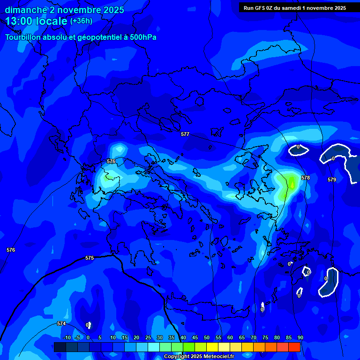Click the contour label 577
click(x=185, y=135)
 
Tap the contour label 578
click(x=306, y=178)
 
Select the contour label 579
click(x=332, y=180)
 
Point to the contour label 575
click(x=90, y=258)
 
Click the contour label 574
click(x=61, y=324)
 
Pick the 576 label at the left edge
click(x=11, y=250)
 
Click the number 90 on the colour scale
click(x=300, y=338)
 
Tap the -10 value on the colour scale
click(x=67, y=338)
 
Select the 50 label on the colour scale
click(x=207, y=338)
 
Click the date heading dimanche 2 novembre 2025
click(x=65, y=10)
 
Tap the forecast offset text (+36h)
click(x=81, y=21)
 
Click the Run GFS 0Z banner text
click(x=294, y=8)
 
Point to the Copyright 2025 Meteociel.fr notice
click(x=199, y=357)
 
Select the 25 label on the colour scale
click(x=148, y=338)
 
